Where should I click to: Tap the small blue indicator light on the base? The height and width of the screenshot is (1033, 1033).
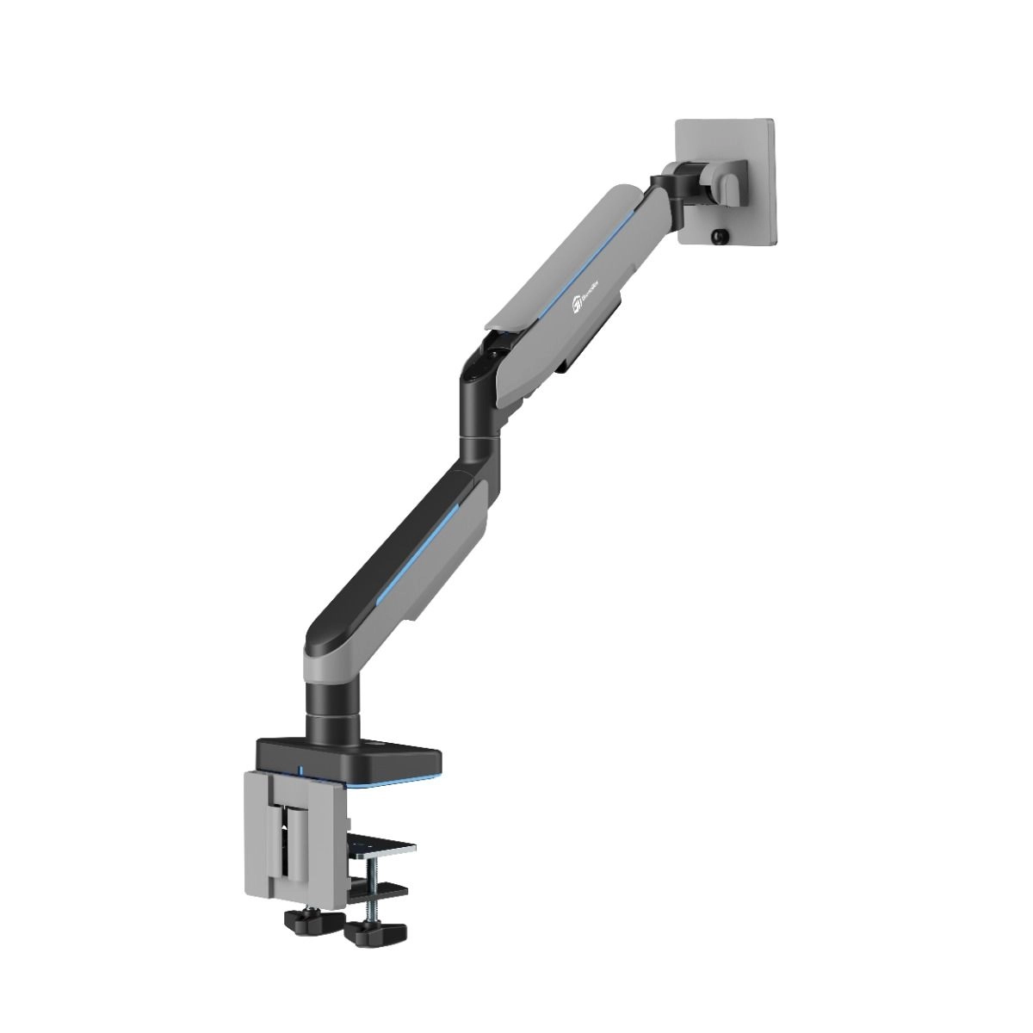click(x=300, y=770)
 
